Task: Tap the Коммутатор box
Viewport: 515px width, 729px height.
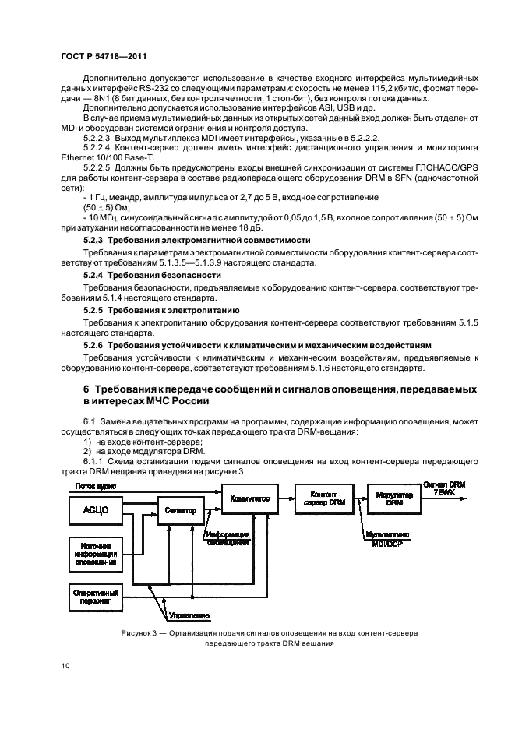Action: (249, 496)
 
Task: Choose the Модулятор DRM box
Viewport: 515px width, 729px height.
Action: (393, 498)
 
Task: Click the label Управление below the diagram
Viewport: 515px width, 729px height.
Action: (189, 615)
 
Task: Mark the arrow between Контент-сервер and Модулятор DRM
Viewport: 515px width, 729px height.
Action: (358, 497)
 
